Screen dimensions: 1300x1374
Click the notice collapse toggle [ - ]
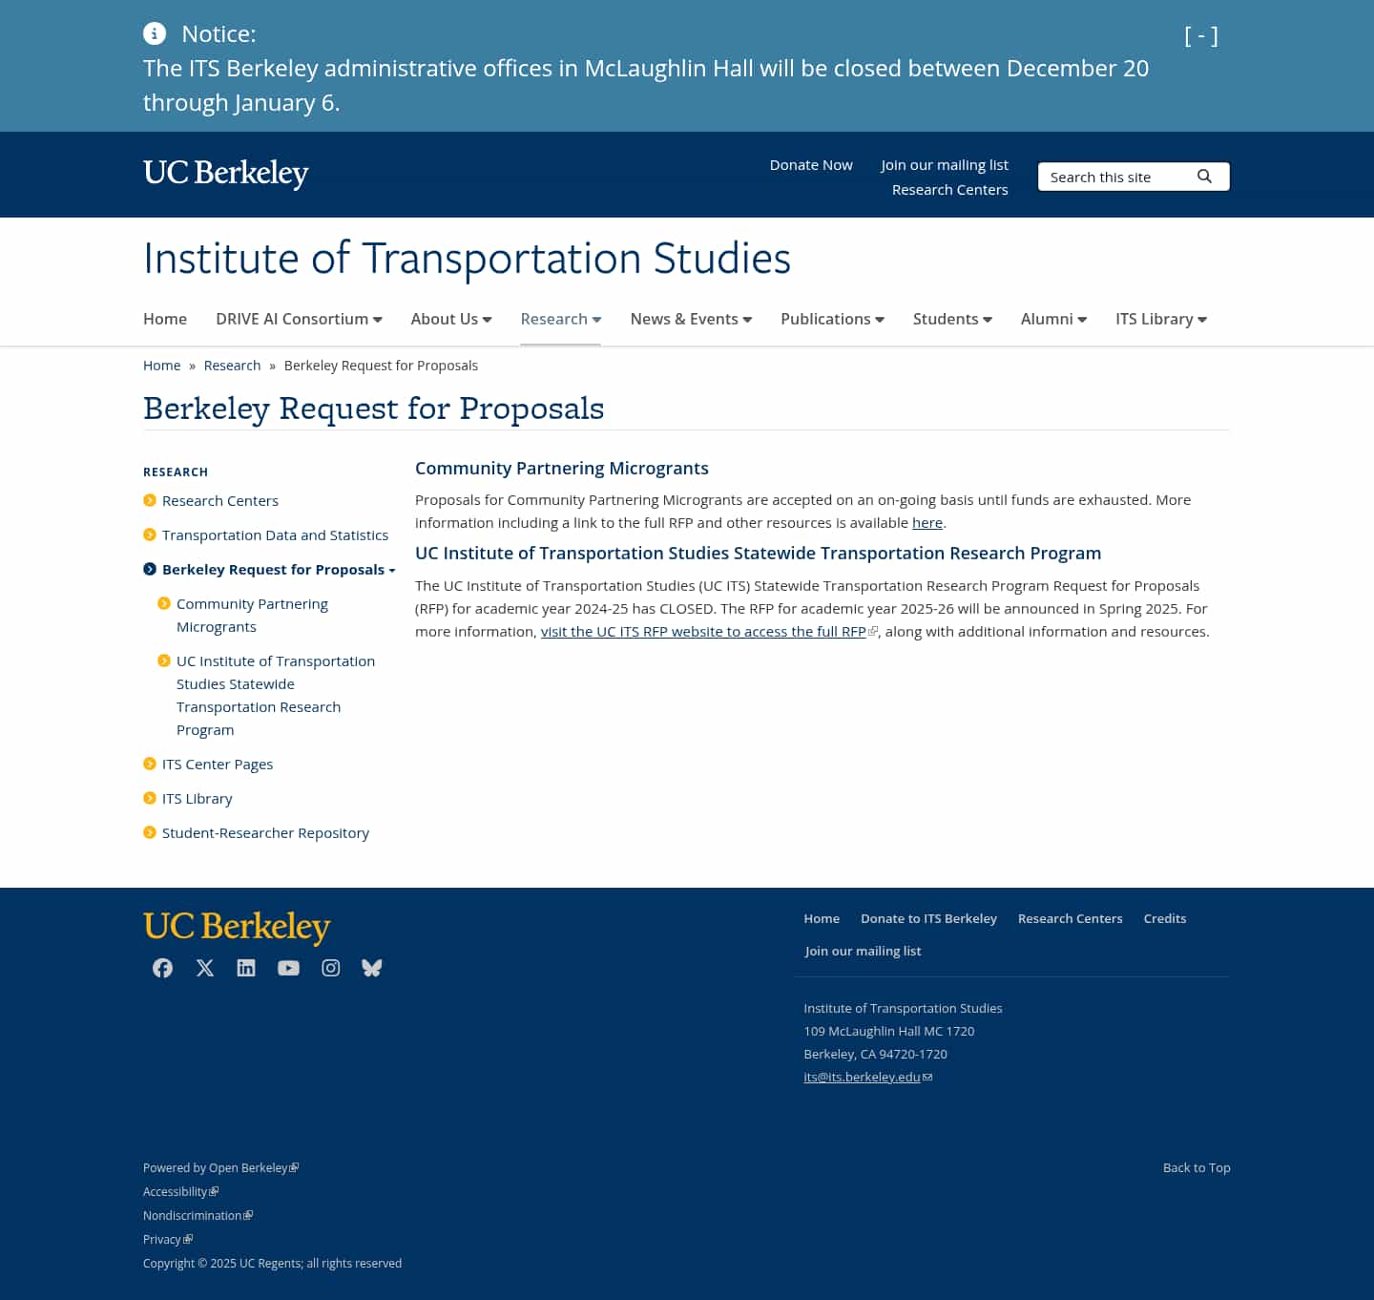click(x=1200, y=36)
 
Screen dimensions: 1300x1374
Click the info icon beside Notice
click(x=155, y=33)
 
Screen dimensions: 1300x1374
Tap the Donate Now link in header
click(x=811, y=165)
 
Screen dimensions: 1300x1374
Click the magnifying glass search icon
click(x=1204, y=177)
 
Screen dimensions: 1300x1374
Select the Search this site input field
click(x=1113, y=178)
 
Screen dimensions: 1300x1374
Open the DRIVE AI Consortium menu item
click(x=299, y=319)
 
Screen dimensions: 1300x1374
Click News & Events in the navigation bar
click(x=691, y=319)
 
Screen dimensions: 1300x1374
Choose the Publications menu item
click(x=832, y=319)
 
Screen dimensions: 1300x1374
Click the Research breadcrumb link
click(x=232, y=366)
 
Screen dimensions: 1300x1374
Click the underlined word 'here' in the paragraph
click(x=926, y=523)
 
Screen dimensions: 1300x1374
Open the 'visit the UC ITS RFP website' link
click(x=703, y=632)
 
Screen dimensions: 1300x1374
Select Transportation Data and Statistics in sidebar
click(x=275, y=535)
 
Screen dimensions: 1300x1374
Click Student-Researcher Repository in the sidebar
click(x=265, y=833)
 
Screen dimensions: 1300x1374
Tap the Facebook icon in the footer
click(x=163, y=968)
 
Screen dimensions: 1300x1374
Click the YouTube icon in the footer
click(x=288, y=968)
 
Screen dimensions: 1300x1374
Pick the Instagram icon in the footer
click(x=330, y=968)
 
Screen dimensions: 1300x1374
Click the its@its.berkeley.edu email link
click(x=862, y=1077)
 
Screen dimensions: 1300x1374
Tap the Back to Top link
click(x=1196, y=1167)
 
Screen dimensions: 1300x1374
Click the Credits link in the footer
click(x=1164, y=918)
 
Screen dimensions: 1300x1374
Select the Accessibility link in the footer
click(x=176, y=1191)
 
